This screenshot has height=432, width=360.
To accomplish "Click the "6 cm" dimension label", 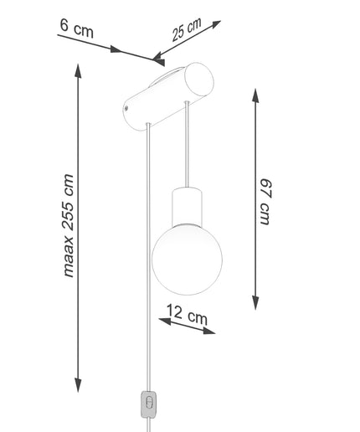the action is point(76,28).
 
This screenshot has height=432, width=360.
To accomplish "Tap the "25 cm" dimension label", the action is point(187,29).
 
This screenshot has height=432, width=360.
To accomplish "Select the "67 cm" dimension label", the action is point(265,202).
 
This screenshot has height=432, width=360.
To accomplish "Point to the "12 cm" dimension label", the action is point(188,315).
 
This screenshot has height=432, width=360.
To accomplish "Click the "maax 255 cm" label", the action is point(68,226).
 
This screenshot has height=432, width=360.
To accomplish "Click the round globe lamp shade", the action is point(187,260).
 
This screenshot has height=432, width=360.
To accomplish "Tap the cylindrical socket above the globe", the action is point(187,207).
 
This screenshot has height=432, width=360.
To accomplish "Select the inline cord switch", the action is point(149,404).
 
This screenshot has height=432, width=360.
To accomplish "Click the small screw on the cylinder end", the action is point(126,108).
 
